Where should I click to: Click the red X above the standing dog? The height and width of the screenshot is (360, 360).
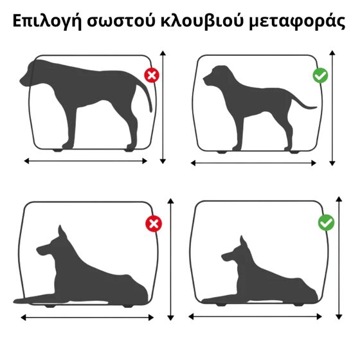pos(152,76)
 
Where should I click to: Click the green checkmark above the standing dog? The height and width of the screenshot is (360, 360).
pos(320,76)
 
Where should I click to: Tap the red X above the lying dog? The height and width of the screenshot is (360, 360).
pos(154,224)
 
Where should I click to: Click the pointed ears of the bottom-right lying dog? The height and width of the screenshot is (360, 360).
pos(242,243)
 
